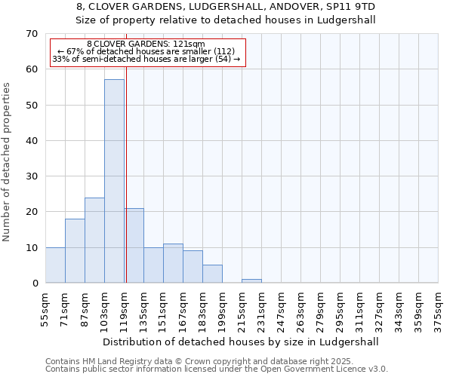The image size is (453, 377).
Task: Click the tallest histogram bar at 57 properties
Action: (x=114, y=181)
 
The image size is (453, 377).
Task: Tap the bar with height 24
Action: (x=94, y=240)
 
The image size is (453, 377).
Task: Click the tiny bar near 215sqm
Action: (x=251, y=281)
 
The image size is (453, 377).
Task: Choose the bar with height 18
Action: (x=75, y=250)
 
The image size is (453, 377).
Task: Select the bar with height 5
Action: (x=212, y=274)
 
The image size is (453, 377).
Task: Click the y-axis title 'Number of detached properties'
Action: (x=7, y=162)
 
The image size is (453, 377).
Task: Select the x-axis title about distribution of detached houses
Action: (x=240, y=342)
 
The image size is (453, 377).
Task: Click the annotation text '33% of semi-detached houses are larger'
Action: (x=146, y=59)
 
